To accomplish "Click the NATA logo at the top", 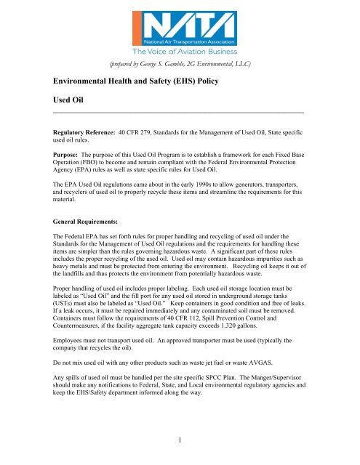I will pos(180,28).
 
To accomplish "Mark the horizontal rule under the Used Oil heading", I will pos(180,113).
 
